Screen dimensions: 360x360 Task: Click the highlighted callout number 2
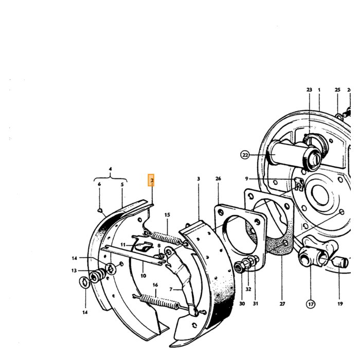click(x=151, y=180)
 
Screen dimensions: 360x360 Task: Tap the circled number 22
click(x=245, y=155)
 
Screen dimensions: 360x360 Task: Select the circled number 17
click(x=311, y=304)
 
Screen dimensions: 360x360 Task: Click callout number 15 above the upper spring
click(x=167, y=215)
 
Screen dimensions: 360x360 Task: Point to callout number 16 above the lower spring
click(x=155, y=285)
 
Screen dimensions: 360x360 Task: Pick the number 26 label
click(x=218, y=178)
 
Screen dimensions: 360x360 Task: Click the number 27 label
click(x=282, y=304)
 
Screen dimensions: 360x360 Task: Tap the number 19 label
click(x=340, y=304)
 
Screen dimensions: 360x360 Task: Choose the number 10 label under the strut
click(x=143, y=276)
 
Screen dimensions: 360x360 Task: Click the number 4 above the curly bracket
click(x=110, y=169)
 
